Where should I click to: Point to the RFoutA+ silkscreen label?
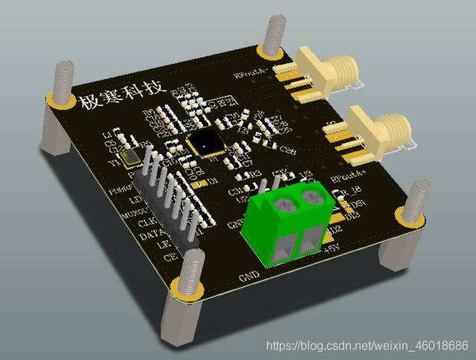(347, 179)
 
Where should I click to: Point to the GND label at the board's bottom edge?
(248, 277)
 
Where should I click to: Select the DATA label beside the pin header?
(152, 237)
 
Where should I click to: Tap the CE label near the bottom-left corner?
(170, 257)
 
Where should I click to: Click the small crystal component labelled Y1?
(132, 157)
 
